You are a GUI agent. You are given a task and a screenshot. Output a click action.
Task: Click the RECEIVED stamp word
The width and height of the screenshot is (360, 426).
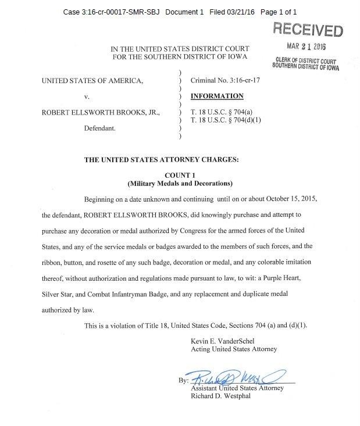tap(308, 28)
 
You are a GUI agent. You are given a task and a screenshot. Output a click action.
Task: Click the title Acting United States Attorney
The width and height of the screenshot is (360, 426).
tap(234, 349)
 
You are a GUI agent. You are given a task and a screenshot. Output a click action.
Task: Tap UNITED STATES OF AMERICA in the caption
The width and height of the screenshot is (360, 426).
tap(92, 81)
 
